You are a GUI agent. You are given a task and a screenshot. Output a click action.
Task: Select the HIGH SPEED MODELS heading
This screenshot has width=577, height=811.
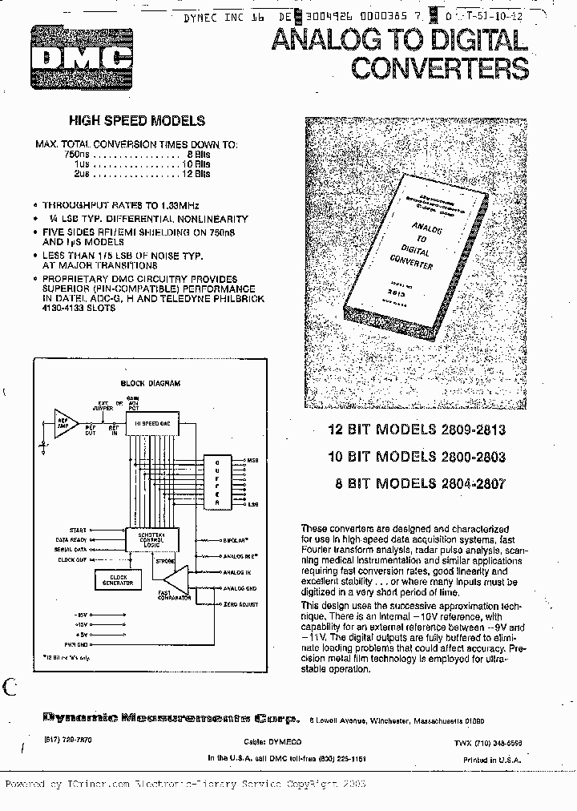pos(137,121)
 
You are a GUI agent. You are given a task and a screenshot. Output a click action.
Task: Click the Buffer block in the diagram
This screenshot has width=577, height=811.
pos(216,481)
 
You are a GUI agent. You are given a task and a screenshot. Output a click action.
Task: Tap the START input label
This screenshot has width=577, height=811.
pos(78,530)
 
